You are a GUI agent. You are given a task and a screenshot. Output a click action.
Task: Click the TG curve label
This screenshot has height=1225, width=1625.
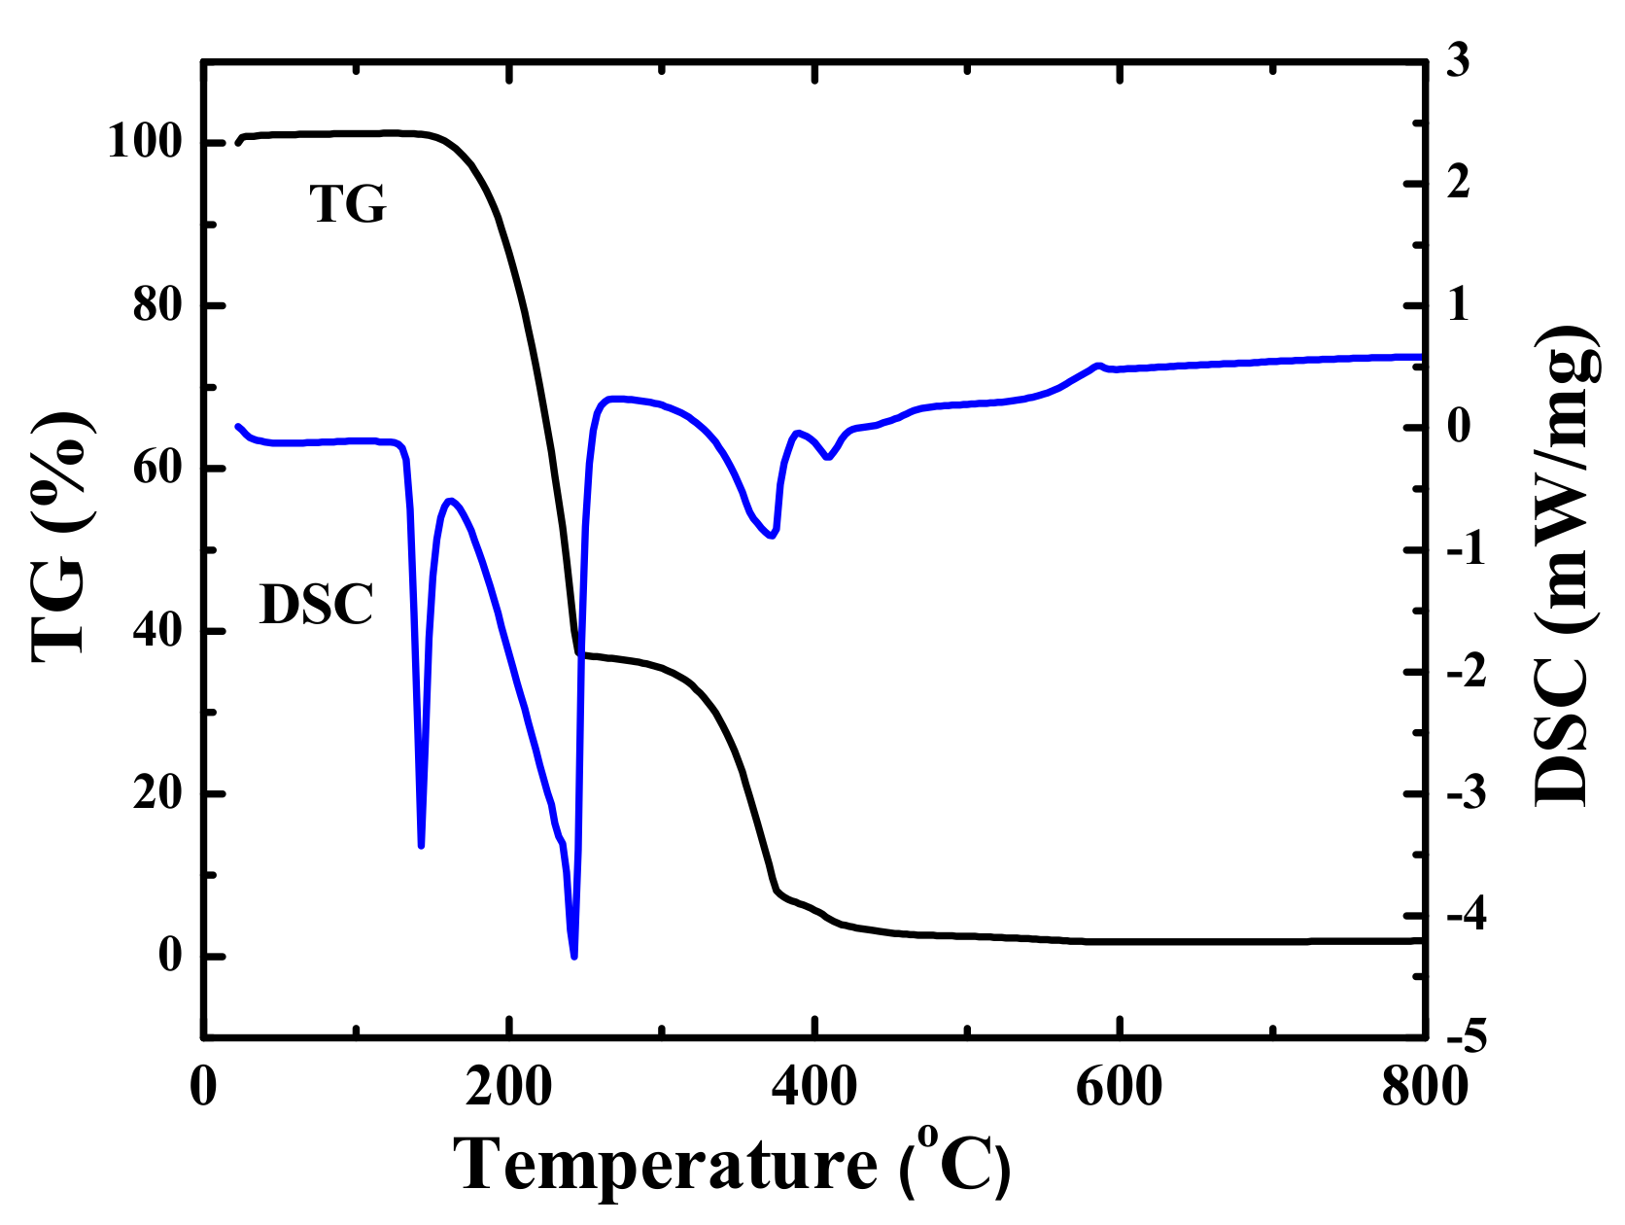point(348,204)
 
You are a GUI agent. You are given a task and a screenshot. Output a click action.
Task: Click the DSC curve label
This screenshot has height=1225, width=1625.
point(317,605)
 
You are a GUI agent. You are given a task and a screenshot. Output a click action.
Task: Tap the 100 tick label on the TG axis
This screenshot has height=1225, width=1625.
point(145,143)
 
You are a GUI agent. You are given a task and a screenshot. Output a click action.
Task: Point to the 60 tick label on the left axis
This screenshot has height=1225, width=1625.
point(157,469)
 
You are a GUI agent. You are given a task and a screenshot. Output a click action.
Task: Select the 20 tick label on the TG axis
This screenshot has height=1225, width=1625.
point(157,794)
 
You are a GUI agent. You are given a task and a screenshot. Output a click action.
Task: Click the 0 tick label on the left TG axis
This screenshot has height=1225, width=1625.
point(170,956)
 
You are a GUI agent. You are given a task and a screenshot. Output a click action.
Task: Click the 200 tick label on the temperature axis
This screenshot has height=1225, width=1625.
point(508,1087)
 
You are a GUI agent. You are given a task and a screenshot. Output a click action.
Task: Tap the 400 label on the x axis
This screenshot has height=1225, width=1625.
point(814,1087)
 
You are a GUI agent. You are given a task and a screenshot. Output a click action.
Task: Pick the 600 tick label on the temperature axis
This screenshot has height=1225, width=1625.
point(1120,1087)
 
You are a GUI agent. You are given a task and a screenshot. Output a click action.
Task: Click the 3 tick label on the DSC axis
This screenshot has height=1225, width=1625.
point(1458,61)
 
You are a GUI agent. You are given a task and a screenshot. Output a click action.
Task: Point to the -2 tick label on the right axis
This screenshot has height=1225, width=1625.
point(1466,672)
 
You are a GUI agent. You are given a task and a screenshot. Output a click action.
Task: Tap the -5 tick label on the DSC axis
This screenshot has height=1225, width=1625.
point(1466,1038)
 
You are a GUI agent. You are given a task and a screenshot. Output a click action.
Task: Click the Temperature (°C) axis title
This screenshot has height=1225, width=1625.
point(734,1164)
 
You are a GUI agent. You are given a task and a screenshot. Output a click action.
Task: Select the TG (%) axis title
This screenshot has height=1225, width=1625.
point(60,537)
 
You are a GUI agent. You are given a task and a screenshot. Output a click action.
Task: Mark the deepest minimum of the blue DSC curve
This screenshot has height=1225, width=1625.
point(574,956)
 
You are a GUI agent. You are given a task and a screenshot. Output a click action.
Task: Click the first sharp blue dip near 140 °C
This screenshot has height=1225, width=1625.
point(421,845)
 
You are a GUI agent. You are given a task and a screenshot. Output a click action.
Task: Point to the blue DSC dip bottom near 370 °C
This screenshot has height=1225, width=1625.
point(772,536)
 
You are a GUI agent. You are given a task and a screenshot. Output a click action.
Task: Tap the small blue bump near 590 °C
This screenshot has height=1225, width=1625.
point(1099,366)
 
